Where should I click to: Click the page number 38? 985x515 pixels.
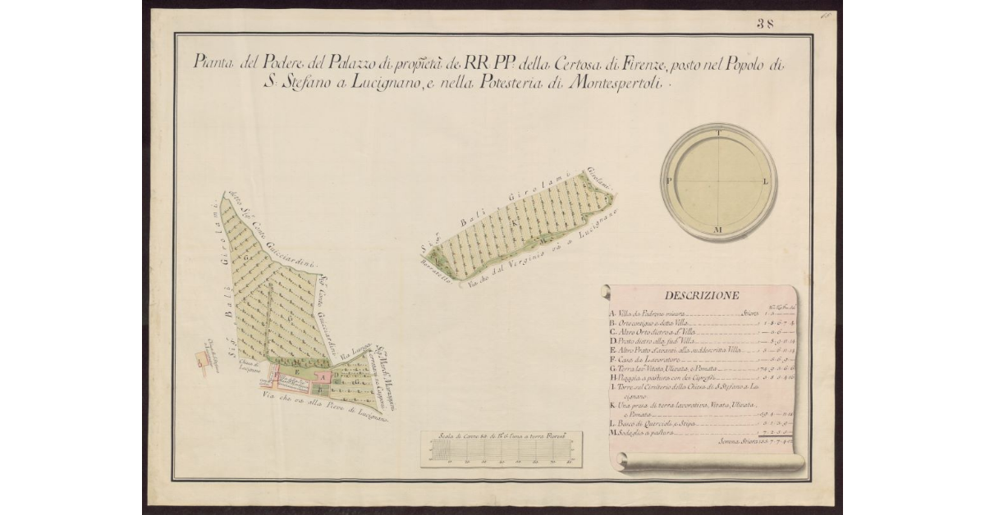pyautogui.click(x=765, y=24)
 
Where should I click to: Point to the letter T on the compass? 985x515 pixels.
pyautogui.click(x=719, y=133)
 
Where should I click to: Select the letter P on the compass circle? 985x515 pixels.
pyautogui.click(x=670, y=181)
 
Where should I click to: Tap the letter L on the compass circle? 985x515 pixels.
pyautogui.click(x=766, y=181)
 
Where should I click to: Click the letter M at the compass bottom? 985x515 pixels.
pyautogui.click(x=718, y=229)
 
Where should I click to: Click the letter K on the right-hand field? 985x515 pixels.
pyautogui.click(x=515, y=221)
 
